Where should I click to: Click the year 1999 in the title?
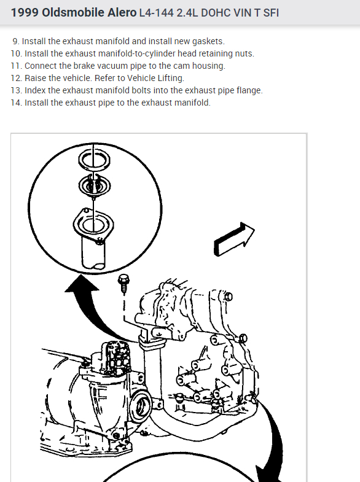(25, 13)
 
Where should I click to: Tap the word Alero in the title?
(122, 13)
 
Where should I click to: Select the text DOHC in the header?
(216, 13)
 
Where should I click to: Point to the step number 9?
(16, 41)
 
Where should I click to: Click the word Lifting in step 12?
(171, 79)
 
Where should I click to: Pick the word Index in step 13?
(35, 90)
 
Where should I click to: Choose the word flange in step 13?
(249, 91)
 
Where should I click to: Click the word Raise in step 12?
(36, 78)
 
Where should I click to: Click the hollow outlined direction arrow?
(233, 239)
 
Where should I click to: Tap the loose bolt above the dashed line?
(123, 284)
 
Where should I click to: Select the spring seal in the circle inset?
(95, 185)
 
